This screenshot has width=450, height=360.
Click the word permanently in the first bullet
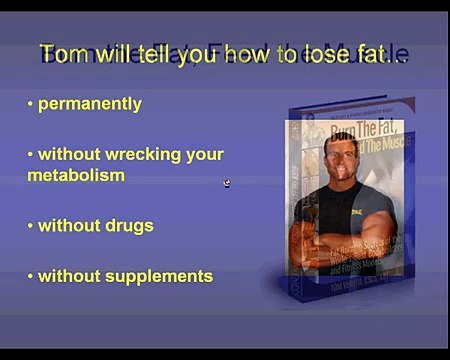point(90,104)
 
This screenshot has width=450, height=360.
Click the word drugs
point(126,225)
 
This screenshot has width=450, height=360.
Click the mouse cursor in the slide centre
point(227,183)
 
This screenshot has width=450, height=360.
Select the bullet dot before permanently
point(31,104)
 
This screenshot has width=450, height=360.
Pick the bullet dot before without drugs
point(31,225)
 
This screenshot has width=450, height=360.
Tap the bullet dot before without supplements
point(31,275)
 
